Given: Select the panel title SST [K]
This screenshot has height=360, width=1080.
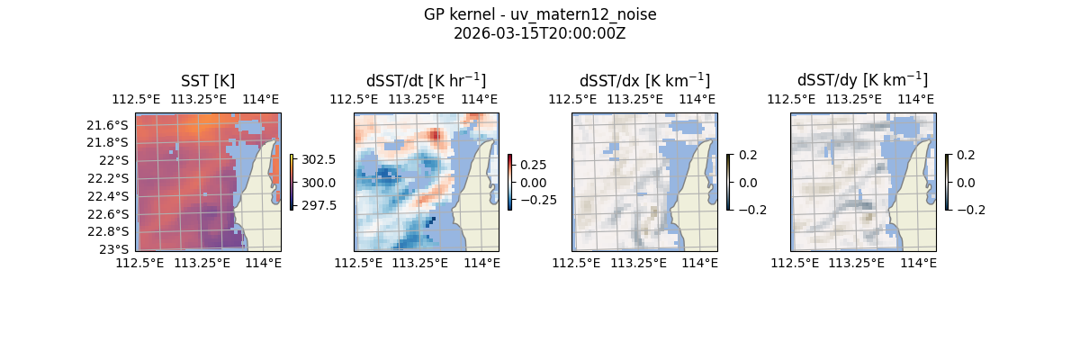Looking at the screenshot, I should point(208,80).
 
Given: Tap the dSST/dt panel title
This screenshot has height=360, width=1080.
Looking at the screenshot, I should point(426,80).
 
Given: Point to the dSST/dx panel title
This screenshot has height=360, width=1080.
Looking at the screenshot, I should point(644,80).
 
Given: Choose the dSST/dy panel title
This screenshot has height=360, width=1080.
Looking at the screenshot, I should point(862,80).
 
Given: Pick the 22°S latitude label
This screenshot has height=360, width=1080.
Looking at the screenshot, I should point(116,160).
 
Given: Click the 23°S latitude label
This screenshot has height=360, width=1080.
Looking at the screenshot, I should point(116,249).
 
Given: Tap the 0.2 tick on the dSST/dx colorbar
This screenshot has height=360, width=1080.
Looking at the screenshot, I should point(749,155).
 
